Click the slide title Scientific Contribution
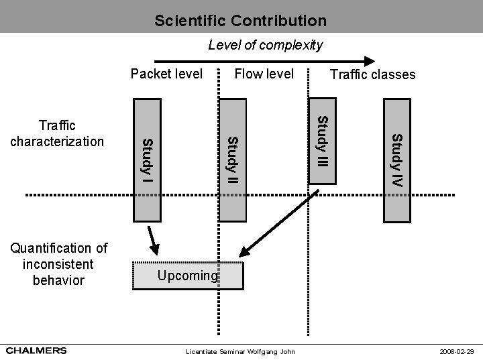pyautogui.click(x=240, y=21)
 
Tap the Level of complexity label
pyautogui.click(x=265, y=46)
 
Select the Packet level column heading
pyautogui.click(x=166, y=74)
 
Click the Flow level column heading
pyautogui.click(x=264, y=74)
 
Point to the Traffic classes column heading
pyautogui.click(x=372, y=74)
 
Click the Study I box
pyautogui.click(x=146, y=160)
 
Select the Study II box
pyautogui.click(x=232, y=160)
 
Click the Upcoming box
pyautogui.click(x=188, y=275)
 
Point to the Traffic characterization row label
pyautogui.click(x=57, y=133)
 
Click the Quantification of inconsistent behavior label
pyautogui.click(x=58, y=265)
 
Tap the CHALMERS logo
pyautogui.click(x=37, y=350)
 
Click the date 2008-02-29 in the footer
pyautogui.click(x=456, y=351)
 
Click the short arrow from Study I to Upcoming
pyautogui.click(x=152, y=238)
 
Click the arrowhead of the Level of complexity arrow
pyautogui.click(x=369, y=60)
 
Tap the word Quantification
pyautogui.click(x=58, y=249)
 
